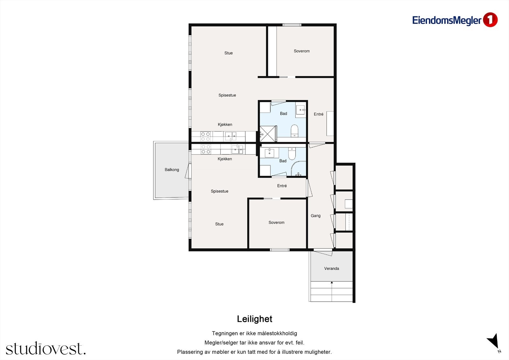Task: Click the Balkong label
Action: coord(172,170)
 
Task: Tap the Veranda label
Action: coord(331,268)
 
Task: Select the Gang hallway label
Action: coord(316,215)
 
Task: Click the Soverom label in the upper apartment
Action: coord(302,51)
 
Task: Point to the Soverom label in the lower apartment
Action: coord(276,222)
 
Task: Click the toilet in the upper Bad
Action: coord(295,131)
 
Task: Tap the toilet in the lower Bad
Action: coord(292,153)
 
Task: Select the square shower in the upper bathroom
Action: coord(268,134)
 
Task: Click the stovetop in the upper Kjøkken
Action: coord(206,137)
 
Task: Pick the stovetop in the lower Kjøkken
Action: coord(206,149)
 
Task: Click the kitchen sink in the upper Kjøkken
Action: coord(231,136)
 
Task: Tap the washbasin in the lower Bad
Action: coord(269,153)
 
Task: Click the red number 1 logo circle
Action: coord(490,20)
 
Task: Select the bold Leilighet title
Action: coord(254,319)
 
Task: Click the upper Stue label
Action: coord(228,53)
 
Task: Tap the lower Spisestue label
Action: coord(220,191)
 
